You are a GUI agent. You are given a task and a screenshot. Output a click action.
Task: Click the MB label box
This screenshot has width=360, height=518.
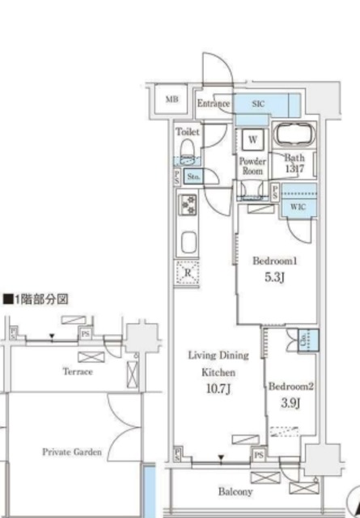pos(172,100)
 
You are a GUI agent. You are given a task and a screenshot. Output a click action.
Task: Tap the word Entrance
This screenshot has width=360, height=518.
pos(214,104)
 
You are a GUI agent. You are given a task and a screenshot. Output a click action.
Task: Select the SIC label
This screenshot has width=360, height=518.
pos(258,104)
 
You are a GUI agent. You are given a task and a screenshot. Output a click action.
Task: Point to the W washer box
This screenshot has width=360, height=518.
pos(253,138)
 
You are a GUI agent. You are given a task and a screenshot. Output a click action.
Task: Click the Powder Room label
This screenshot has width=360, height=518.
pos(252,166)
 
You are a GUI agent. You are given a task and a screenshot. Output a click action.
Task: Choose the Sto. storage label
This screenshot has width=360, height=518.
pos(193,176)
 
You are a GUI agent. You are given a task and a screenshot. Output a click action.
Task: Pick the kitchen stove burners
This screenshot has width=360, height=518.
pos(188,206)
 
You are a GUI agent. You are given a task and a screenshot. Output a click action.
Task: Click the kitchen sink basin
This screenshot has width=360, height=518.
pos(188,243)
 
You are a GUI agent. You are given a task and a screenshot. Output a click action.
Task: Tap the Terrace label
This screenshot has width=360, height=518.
pos(78,372)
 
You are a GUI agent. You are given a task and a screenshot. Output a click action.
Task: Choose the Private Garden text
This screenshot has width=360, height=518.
pos(72,452)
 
